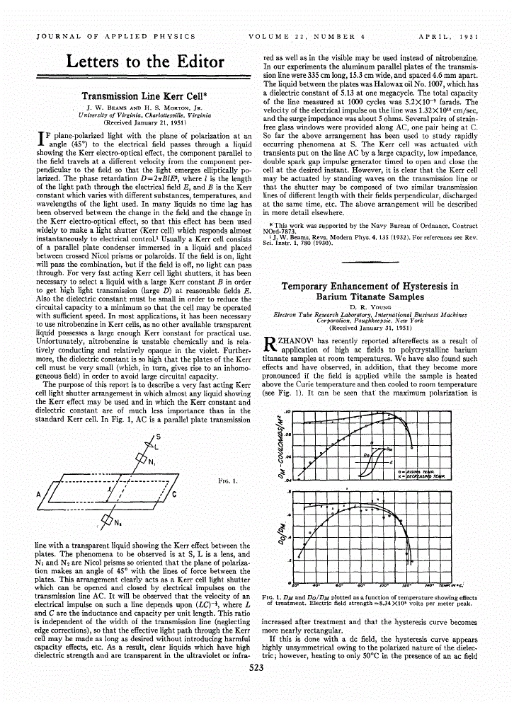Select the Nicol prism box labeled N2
coord(106,521)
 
